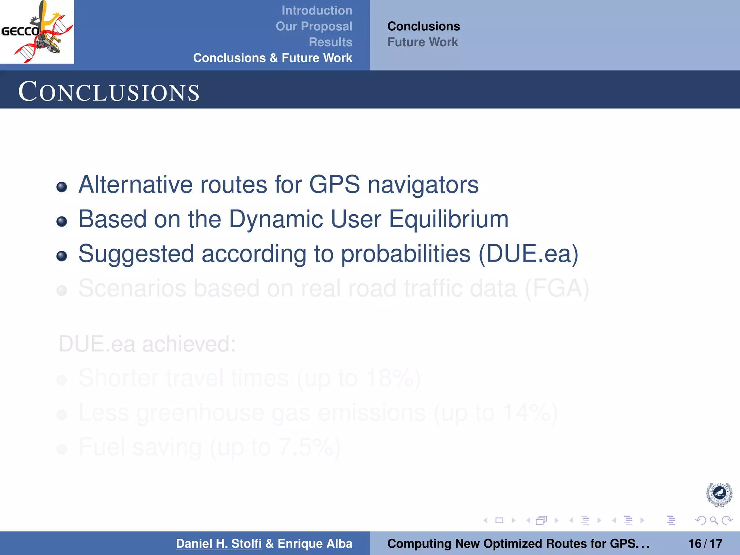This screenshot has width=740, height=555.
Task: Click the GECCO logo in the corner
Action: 37,32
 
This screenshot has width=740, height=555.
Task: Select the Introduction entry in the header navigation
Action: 317,10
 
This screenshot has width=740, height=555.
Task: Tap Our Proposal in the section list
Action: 314,26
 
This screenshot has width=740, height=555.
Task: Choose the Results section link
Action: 330,42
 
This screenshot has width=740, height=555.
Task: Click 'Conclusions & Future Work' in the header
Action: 272,58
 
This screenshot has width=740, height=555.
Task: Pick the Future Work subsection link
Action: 422,42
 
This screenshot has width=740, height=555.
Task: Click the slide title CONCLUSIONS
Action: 109,92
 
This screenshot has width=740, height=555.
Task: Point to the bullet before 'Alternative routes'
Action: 62,187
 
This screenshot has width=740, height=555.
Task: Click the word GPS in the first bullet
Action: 334,185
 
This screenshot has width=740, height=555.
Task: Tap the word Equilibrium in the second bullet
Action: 448,219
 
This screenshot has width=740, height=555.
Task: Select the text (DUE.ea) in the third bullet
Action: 528,254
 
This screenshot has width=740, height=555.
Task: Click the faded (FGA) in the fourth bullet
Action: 556,288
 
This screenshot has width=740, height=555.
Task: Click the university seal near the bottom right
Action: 719,494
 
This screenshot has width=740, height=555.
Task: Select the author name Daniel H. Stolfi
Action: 219,543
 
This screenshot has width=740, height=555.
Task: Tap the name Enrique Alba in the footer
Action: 315,543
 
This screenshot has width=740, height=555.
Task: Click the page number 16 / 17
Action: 705,543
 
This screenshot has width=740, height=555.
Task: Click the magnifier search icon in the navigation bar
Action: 714,520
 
